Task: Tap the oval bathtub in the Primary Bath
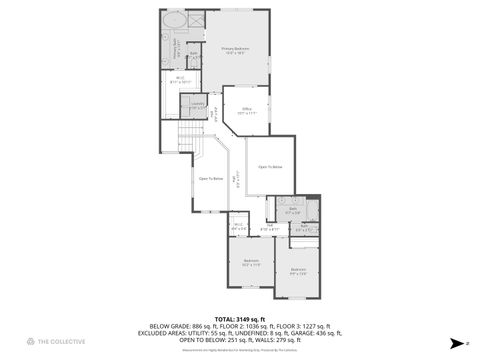174,20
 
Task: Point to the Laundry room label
196,105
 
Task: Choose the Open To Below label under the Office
270,166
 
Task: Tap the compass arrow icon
453,342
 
